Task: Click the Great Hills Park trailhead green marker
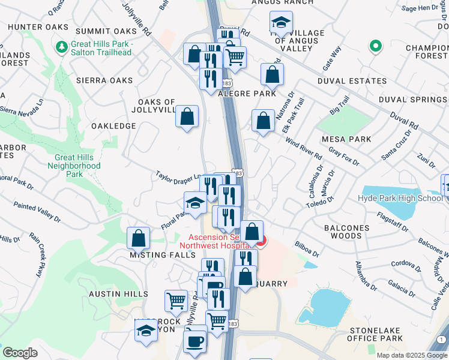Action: [61, 46]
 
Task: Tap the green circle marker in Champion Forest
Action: [376, 46]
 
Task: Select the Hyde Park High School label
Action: [400, 199]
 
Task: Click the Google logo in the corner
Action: [20, 353]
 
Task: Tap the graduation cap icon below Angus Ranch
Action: [280, 23]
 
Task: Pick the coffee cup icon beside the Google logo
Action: [194, 341]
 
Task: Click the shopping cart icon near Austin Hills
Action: [176, 300]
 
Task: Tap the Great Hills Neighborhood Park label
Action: [74, 166]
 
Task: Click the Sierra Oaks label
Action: [104, 80]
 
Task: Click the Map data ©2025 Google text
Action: [412, 355]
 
